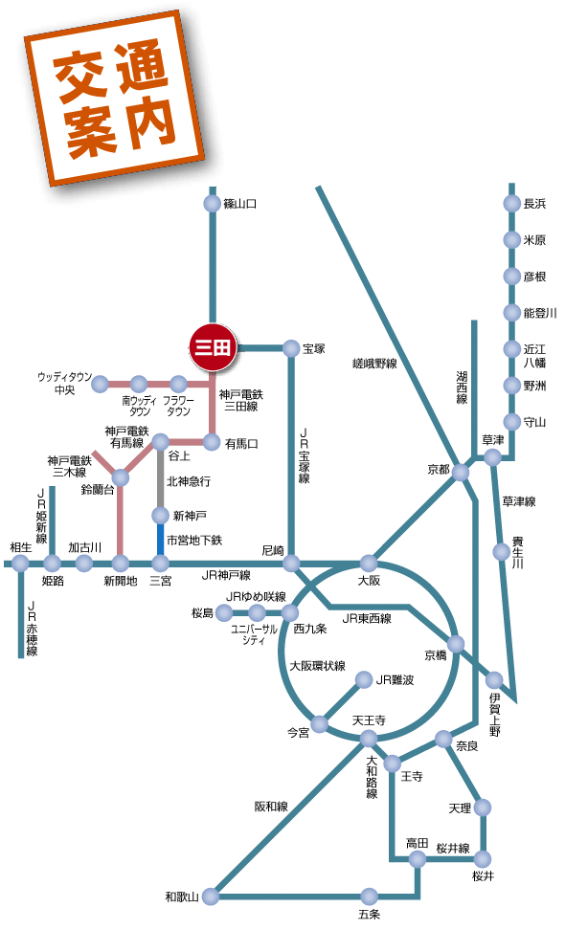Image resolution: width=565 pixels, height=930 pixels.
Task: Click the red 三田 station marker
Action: coord(213,348)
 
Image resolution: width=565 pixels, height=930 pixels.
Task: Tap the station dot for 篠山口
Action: coord(212,204)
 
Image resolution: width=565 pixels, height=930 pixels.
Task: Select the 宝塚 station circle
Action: coord(291,348)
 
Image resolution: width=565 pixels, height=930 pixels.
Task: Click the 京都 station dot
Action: coord(461,472)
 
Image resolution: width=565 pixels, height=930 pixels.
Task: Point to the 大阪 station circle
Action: coord(369,563)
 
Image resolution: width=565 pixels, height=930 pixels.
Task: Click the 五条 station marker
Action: coord(369,896)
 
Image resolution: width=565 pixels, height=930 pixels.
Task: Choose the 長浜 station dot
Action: coord(511,204)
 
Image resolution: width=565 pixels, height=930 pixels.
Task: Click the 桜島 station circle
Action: coord(224,612)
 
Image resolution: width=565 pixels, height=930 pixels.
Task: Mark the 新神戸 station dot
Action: coord(160,515)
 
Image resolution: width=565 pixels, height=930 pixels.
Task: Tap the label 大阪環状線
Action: coord(318,666)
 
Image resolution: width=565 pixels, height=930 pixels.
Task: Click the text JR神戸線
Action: coord(226,575)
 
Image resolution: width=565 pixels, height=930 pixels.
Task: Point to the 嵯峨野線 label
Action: coord(374,364)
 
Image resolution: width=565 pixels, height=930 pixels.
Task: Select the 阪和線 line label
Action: coord(271,806)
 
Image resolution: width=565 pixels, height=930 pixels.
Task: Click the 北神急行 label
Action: coord(189,481)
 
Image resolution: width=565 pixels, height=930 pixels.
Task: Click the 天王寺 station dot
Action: coord(369,739)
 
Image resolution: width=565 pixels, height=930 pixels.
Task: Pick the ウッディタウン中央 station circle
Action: coord(101,384)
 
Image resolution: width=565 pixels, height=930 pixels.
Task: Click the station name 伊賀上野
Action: coord(495,714)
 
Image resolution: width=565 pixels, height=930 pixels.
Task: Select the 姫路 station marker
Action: coord(52,563)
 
